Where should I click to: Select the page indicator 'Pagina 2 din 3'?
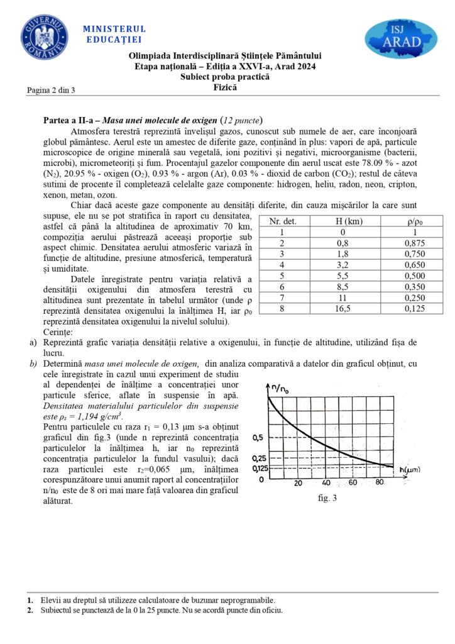pyautogui.click(x=51, y=90)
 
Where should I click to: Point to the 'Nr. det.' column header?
pyautogui.click(x=282, y=221)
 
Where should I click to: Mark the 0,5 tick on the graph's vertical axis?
pyautogui.click(x=257, y=438)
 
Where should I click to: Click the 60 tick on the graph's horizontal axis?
pyautogui.click(x=354, y=482)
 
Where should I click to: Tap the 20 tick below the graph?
pyautogui.click(x=298, y=482)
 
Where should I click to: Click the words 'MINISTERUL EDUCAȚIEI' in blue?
pyautogui.click(x=114, y=34)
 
